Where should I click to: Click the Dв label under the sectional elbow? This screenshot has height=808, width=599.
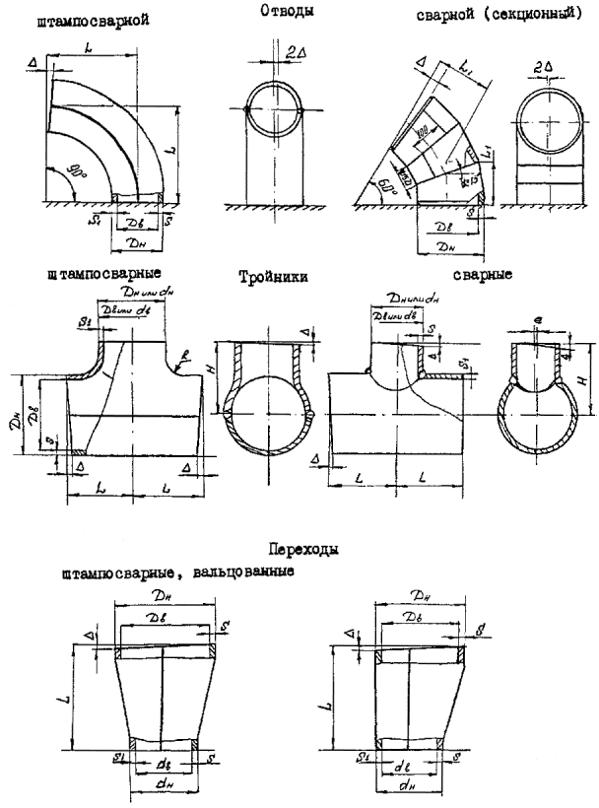pos(444,226)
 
